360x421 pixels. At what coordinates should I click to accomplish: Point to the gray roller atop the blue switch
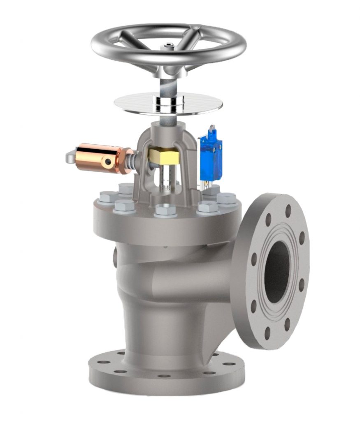click(x=212, y=130)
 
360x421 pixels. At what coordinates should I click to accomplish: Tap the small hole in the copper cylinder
click(x=108, y=162)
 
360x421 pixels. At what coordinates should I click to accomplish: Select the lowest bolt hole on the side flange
click(x=267, y=332)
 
